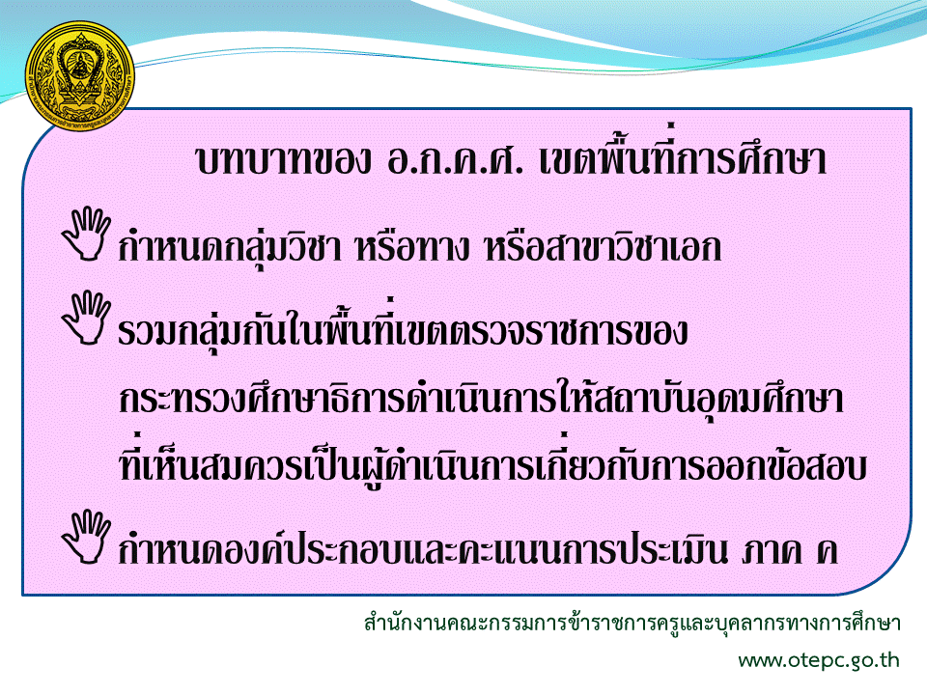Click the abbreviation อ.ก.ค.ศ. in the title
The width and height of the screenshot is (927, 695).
[x=455, y=160]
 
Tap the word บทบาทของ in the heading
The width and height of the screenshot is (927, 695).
[x=283, y=160]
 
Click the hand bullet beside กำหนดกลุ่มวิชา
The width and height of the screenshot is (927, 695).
[x=86, y=234]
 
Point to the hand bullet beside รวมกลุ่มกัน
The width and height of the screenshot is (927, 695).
[x=86, y=318]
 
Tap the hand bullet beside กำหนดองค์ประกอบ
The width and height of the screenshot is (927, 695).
[x=86, y=536]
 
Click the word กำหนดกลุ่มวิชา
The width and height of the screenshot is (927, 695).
[x=230, y=246]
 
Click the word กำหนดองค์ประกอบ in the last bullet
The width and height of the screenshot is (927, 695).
[x=263, y=545]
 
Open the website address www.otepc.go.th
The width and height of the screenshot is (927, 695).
[x=819, y=660]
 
